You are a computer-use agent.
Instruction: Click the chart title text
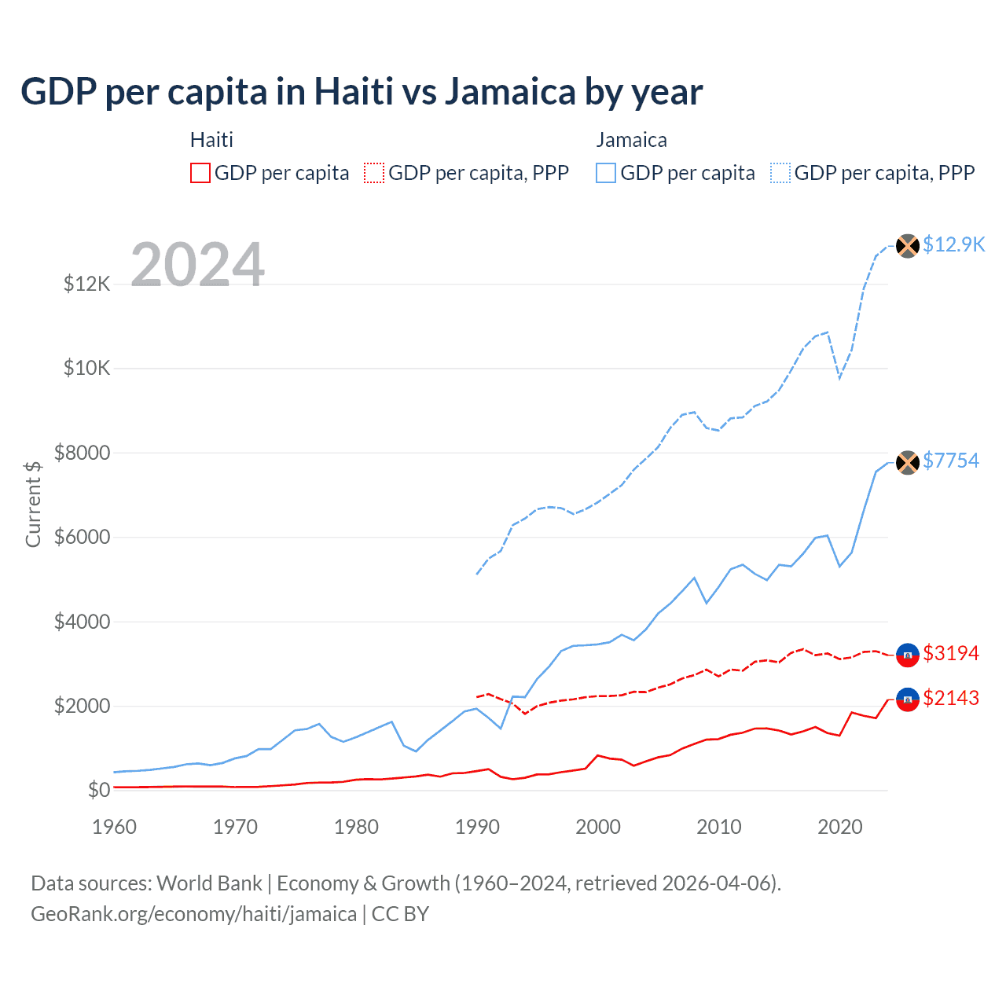pos(362,92)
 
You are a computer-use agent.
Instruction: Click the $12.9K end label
pos(953,244)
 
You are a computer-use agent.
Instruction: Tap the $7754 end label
pos(951,461)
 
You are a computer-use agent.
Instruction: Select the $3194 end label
pos(951,653)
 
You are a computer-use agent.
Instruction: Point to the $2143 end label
pos(951,698)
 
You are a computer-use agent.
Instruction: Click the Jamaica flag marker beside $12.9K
pos(908,246)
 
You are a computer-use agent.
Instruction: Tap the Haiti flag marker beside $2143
pos(908,699)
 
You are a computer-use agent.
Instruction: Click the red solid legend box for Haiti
pos(200,173)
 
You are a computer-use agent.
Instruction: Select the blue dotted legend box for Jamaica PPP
pos(780,173)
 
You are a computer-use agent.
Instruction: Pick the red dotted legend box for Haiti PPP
pos(374,173)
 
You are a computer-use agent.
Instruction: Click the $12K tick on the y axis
pos(87,284)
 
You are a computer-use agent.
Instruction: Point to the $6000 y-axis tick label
pos(82,538)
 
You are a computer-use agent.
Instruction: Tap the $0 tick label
pos(99,790)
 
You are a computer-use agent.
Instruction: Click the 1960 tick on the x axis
pos(115,827)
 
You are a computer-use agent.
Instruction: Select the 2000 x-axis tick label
pos(598,827)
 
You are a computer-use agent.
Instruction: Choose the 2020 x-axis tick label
pos(840,827)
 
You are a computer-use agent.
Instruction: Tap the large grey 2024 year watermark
pos(197,265)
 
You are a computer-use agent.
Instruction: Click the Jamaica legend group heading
pos(631,140)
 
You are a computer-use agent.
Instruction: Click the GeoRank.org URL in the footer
pos(193,914)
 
